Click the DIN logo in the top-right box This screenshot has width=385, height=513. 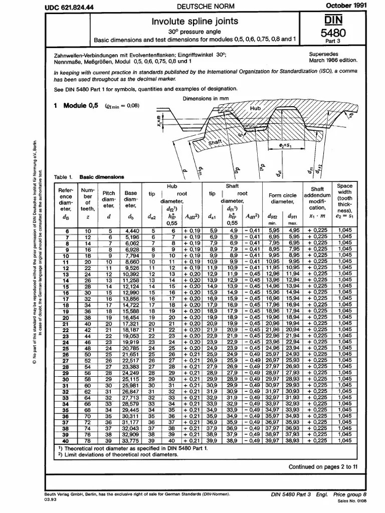click(329, 21)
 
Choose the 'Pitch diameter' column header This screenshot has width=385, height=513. click(109, 198)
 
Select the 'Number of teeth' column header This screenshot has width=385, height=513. click(87, 198)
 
